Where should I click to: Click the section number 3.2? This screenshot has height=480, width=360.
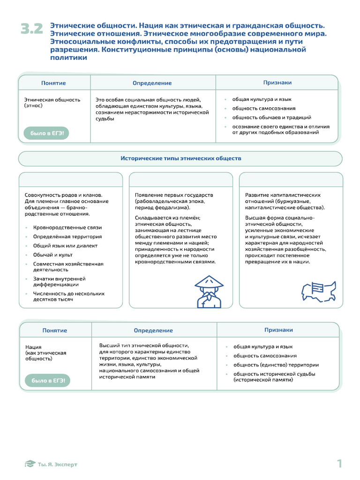click(32, 29)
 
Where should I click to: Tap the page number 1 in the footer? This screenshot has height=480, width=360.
click(339, 464)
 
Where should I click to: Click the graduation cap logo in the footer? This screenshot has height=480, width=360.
click(30, 464)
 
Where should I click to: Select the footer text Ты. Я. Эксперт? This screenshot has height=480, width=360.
click(58, 465)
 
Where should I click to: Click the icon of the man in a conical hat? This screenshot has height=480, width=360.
click(209, 291)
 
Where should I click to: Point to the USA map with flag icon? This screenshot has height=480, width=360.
click(319, 291)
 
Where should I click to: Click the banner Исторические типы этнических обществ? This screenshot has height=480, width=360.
click(180, 158)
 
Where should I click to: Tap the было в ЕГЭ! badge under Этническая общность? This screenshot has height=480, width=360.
click(46, 134)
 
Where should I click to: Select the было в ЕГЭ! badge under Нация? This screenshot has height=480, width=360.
click(47, 381)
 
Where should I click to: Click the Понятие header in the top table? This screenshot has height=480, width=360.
click(53, 83)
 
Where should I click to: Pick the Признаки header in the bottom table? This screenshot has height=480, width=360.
click(278, 330)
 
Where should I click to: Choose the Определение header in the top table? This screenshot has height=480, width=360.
click(152, 83)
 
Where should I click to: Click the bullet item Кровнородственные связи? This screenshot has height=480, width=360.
click(67, 227)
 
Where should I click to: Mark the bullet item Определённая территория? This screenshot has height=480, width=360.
click(67, 237)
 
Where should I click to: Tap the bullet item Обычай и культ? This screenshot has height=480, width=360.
click(52, 255)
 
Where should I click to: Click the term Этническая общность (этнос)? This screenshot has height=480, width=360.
click(52, 103)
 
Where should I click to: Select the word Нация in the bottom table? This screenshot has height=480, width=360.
click(33, 347)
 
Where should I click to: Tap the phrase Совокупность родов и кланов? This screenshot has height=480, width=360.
click(63, 195)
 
